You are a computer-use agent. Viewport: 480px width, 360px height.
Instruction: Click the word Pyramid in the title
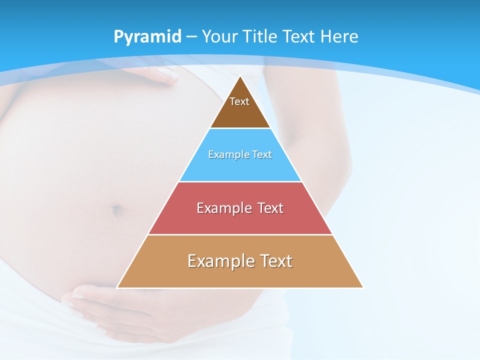coord(147,37)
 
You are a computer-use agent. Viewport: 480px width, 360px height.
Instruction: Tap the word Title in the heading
coord(262,36)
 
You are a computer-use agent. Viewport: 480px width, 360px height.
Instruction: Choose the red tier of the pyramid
coord(240,220)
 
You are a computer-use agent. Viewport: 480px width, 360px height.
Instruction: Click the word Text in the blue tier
coord(262,155)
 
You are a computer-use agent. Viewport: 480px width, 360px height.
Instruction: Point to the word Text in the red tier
coord(270,208)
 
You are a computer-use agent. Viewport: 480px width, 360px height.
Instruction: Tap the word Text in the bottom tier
coord(276,261)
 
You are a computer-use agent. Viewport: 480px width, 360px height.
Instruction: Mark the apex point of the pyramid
coord(240,76)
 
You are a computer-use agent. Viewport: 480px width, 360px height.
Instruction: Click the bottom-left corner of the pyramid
coord(117,287)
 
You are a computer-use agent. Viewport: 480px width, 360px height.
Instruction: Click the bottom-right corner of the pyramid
coord(363,287)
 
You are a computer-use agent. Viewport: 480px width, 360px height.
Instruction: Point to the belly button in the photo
coord(116,210)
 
